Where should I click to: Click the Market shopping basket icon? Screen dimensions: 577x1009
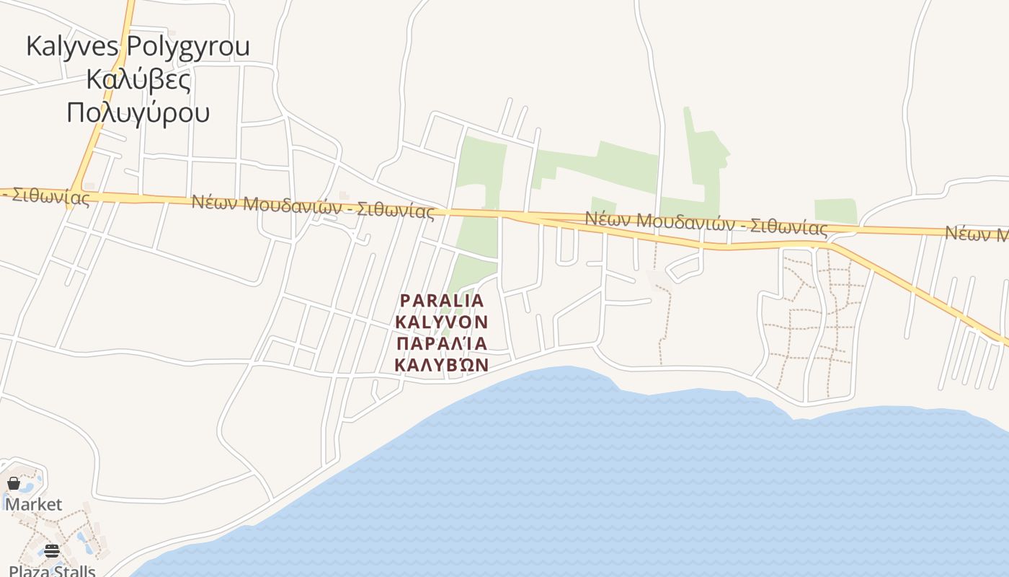point(14,483)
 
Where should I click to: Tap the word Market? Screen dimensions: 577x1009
point(34,504)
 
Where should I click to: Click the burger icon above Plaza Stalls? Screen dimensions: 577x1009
point(52,552)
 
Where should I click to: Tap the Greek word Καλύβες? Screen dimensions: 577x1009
point(138,79)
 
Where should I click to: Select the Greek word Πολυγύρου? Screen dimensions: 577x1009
point(138,113)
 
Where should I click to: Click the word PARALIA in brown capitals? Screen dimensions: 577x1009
point(442,300)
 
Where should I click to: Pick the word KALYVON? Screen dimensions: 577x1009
point(442,322)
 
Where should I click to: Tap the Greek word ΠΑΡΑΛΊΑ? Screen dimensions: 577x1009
point(442,343)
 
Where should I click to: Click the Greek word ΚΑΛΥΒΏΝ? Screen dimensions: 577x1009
point(442,365)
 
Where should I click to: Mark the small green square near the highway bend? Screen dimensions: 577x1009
point(835,211)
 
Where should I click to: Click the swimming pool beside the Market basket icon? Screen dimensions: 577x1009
point(33,480)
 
